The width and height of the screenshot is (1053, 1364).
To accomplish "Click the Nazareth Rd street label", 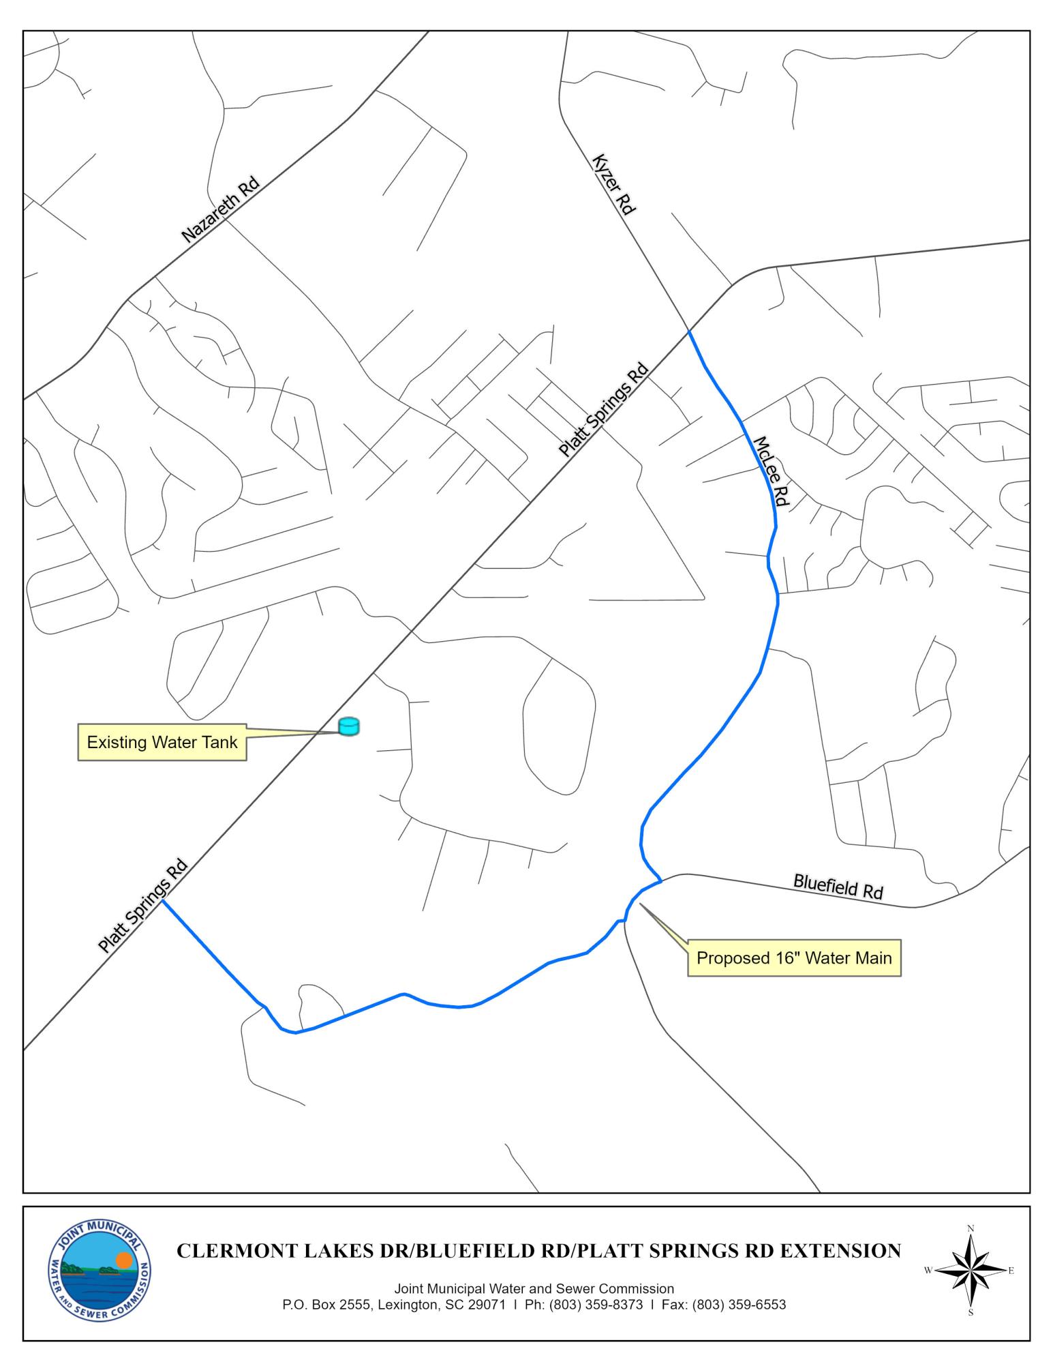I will click(220, 210).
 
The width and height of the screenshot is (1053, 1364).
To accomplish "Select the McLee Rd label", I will click(771, 471).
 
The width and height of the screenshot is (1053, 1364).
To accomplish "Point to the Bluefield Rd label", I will click(838, 887).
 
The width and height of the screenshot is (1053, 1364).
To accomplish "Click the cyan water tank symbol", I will click(349, 726).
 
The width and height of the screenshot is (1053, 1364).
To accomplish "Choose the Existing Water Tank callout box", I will click(162, 742).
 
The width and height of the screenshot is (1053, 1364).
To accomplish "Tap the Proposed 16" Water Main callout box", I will click(794, 958).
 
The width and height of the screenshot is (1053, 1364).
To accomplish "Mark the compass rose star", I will click(971, 1271).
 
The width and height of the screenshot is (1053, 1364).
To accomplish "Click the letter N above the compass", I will click(971, 1229).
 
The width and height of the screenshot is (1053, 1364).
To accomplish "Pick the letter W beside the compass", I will click(928, 1271).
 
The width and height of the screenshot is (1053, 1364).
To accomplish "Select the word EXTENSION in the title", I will click(840, 1251).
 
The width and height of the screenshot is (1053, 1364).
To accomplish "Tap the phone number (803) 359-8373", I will click(596, 1305).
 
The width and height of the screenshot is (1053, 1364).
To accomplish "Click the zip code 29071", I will click(485, 1305).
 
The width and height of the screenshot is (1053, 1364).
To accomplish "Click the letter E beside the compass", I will click(1011, 1271).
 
